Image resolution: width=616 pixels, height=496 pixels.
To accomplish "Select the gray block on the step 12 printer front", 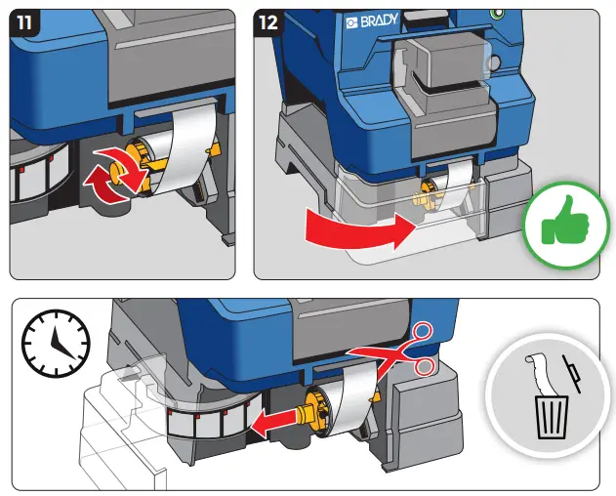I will point(443,92).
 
